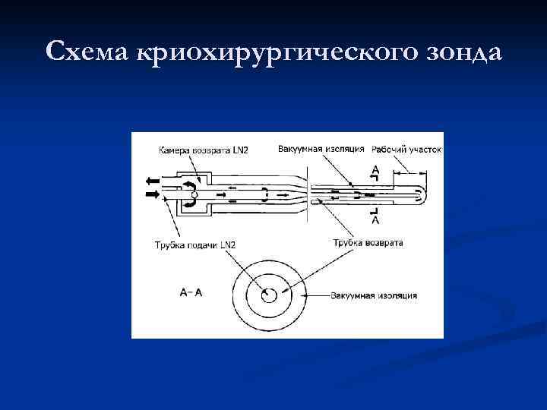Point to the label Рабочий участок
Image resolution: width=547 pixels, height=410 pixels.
406,149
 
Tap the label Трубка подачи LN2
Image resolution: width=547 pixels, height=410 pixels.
194,244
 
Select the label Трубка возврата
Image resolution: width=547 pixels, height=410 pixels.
368,243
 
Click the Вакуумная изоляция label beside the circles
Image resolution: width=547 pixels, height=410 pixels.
373,294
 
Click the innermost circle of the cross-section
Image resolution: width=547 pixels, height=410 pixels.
268,295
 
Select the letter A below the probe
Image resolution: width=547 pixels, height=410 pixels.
375,221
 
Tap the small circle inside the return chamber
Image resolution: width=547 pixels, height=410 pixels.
194,195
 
